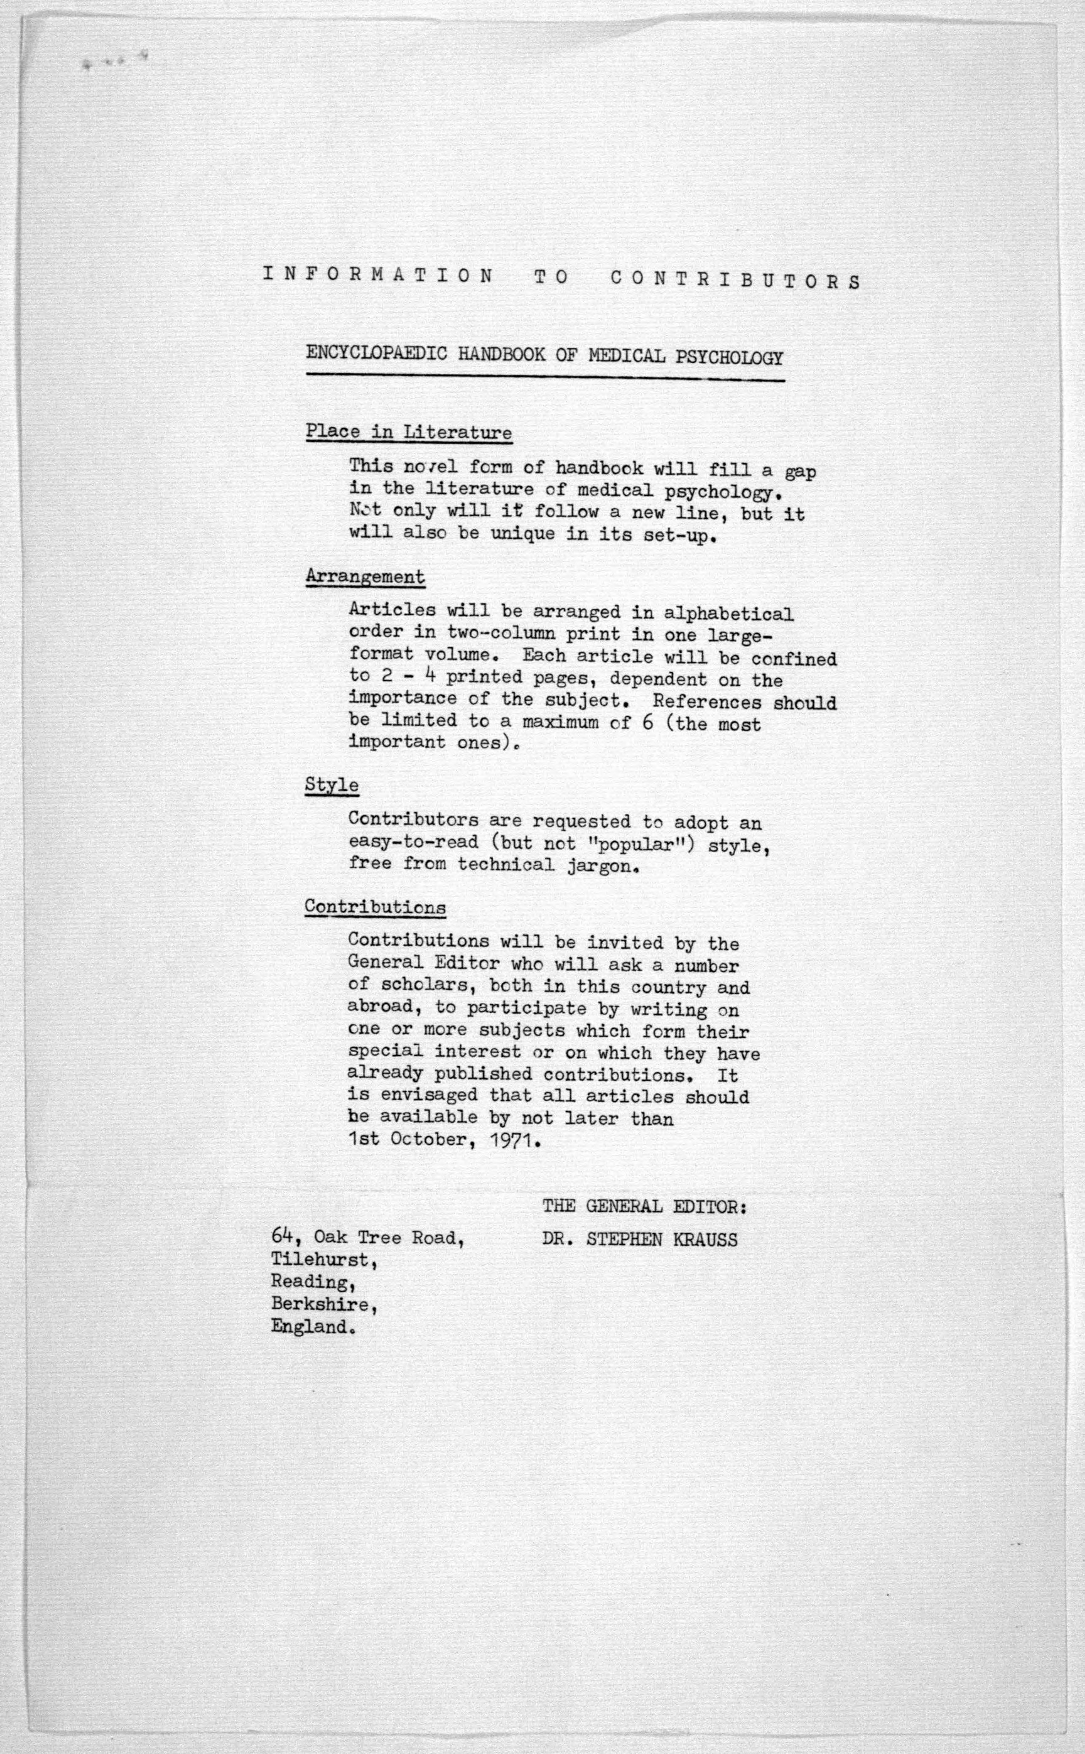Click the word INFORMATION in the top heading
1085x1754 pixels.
[378, 275]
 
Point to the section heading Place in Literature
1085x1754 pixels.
[408, 432]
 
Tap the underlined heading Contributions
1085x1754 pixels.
[375, 906]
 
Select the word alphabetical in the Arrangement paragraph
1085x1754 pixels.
[729, 614]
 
